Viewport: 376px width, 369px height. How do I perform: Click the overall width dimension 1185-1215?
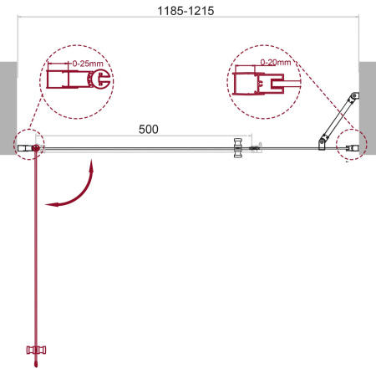point(188,13)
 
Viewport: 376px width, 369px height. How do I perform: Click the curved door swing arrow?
point(74,190)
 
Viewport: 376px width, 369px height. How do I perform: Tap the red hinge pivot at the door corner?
point(35,149)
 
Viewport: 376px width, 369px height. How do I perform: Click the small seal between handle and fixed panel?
point(257,149)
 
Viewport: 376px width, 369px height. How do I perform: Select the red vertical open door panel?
point(35,251)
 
